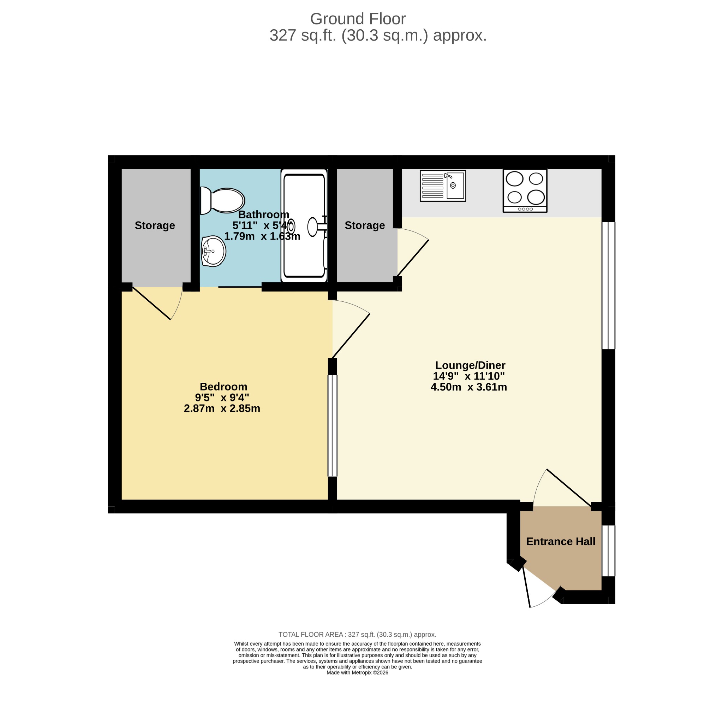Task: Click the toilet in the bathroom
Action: click(x=222, y=201)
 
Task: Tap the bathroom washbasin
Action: click(x=213, y=251)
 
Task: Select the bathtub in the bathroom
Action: click(x=304, y=225)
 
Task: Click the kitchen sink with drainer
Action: click(x=443, y=186)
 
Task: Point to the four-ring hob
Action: click(x=525, y=191)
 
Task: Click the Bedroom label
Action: click(x=223, y=386)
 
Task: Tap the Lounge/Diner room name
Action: click(x=470, y=365)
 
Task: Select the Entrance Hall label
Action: click(x=561, y=541)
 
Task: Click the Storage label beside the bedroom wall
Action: click(x=155, y=225)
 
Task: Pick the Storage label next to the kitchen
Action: click(x=365, y=225)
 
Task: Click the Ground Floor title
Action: click(x=358, y=19)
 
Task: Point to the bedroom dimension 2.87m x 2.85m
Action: click(x=222, y=408)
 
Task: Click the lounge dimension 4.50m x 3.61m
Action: click(x=468, y=387)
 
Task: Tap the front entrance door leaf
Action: click(x=526, y=588)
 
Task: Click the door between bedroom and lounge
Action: click(x=351, y=336)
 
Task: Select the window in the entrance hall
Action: click(x=608, y=551)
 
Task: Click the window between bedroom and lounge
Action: click(x=332, y=426)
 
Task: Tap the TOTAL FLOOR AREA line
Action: click(x=357, y=635)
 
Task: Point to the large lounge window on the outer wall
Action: click(x=608, y=286)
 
